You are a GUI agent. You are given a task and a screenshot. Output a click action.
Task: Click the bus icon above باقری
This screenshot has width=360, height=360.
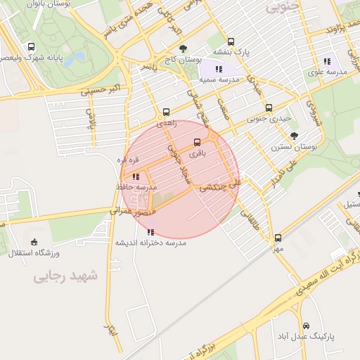point(197,142)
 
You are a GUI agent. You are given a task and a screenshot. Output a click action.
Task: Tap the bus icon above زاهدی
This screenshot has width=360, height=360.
point(167,112)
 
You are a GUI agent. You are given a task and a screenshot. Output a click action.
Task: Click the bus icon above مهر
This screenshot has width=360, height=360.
point(278,238)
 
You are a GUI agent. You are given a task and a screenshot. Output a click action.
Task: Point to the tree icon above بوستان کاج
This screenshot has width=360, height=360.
point(183,49)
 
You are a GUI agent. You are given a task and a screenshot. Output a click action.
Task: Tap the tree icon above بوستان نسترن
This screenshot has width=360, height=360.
point(294,136)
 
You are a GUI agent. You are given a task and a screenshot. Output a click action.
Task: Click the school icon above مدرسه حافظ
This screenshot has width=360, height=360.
point(136,176)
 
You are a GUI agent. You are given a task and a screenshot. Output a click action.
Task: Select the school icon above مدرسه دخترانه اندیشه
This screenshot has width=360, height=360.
point(150,231)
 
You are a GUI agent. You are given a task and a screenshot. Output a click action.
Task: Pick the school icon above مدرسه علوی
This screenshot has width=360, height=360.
point(326,61)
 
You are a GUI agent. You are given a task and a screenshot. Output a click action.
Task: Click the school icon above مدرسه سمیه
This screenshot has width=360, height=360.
point(219,69)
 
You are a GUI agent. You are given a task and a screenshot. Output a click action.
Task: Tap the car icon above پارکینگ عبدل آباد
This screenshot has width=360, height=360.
point(307,326)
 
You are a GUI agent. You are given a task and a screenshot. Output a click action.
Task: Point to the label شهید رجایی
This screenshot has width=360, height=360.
point(67,277)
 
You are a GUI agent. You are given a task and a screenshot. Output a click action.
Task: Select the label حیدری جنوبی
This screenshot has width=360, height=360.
point(268,119)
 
